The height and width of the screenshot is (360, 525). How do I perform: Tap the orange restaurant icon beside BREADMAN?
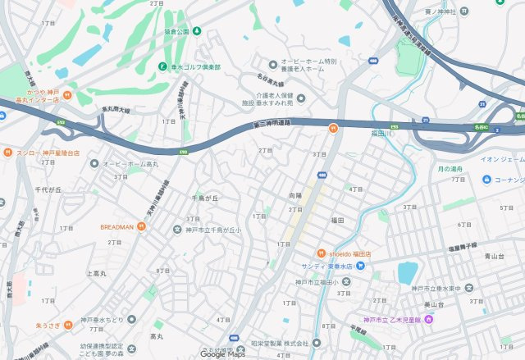[x=141, y=226]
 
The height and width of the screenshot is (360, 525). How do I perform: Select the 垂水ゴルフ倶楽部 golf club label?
[x=195, y=66]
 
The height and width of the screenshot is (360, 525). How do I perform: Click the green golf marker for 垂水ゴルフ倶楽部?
[x=162, y=66]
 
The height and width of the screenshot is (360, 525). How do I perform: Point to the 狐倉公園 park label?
[x=176, y=31]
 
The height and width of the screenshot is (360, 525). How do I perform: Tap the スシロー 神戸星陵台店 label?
[x=48, y=153]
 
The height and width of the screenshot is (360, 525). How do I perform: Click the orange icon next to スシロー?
[x=6, y=153]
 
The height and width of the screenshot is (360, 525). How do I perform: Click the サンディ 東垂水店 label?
[x=326, y=267]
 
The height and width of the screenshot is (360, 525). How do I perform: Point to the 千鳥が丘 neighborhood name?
[x=205, y=198]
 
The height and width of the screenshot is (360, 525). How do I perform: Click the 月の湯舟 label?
[x=450, y=168]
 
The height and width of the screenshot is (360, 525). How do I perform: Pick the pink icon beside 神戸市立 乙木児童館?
[x=427, y=319]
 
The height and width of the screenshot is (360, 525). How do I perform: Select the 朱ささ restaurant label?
[x=48, y=326]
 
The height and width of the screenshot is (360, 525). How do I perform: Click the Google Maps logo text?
[x=223, y=354]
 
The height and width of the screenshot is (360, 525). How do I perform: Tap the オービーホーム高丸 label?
[x=130, y=164]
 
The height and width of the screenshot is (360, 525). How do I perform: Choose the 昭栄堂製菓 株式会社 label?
[x=280, y=343]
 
